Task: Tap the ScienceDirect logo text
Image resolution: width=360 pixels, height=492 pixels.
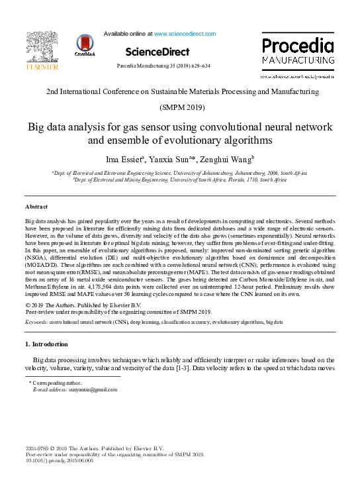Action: [157, 52]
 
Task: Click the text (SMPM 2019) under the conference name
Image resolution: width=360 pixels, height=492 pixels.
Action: [180, 107]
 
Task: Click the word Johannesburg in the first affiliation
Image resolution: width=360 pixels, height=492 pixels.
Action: [236, 172]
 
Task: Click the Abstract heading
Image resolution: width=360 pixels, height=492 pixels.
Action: [37, 207]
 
